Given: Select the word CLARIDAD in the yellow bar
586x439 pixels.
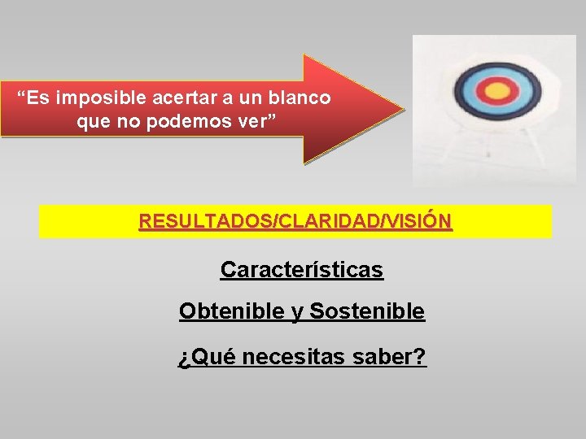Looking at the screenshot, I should pos(295,221).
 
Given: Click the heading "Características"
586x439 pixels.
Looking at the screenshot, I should pos(301,270).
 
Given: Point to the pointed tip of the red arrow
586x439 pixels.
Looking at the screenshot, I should pos(402,108).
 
